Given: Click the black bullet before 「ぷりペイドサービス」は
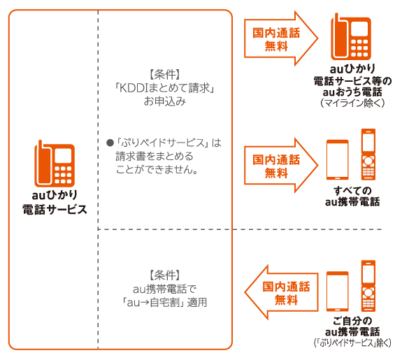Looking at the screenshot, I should click(109, 143).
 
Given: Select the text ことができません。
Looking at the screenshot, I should click(157, 169).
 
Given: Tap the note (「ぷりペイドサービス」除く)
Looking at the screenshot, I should click(352, 344).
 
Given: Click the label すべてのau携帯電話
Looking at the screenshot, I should click(352, 196).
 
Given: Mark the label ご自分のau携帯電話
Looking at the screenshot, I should click(352, 326).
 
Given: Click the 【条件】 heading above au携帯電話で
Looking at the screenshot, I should click(165, 275).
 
